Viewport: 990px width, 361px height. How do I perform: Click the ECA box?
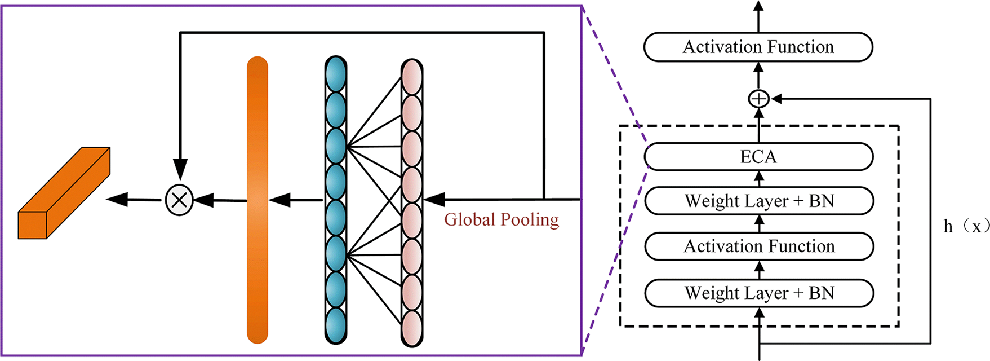(x=758, y=156)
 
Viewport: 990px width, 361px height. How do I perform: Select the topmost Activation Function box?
(x=758, y=47)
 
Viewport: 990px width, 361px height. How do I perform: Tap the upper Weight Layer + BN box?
(x=759, y=201)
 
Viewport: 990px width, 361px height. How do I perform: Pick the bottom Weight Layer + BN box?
(x=759, y=293)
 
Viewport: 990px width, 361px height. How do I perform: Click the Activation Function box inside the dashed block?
(x=759, y=246)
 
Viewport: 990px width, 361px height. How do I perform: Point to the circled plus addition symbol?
(x=758, y=99)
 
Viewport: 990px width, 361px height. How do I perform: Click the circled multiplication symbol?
(x=179, y=200)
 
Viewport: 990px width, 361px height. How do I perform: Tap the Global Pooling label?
(x=501, y=219)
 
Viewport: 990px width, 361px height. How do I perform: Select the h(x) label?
(x=966, y=226)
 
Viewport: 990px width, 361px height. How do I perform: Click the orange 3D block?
(x=64, y=193)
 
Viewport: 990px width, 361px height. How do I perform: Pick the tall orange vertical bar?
(x=258, y=200)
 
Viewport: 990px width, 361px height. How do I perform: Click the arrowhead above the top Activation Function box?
(x=758, y=7)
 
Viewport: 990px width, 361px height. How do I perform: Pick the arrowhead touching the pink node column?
(x=434, y=200)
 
